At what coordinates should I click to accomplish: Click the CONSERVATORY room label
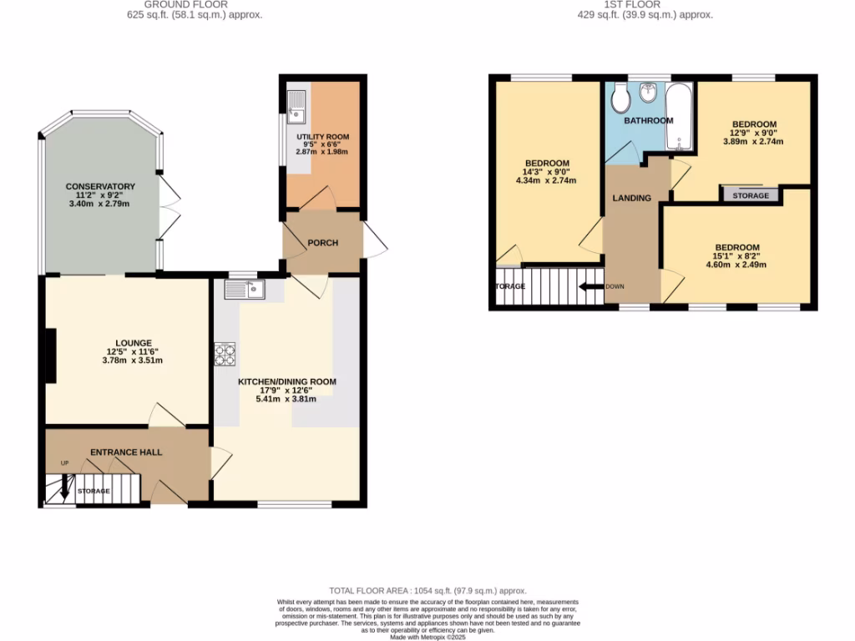(101, 186)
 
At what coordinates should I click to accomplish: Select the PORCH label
(323, 244)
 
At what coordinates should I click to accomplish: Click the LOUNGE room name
(134, 343)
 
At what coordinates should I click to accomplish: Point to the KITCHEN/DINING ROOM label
(287, 381)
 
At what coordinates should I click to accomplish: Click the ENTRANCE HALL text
(126, 452)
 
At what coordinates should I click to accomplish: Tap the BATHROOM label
(649, 121)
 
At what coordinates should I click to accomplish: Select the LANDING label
(632, 199)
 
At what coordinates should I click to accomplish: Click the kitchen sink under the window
(245, 290)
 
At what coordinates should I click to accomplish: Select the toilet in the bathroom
(620, 99)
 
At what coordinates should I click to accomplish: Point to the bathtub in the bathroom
(679, 118)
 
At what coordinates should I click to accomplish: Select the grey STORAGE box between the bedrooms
(751, 195)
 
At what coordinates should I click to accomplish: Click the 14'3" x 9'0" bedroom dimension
(547, 172)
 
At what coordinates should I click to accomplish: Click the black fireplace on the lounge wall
(50, 355)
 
